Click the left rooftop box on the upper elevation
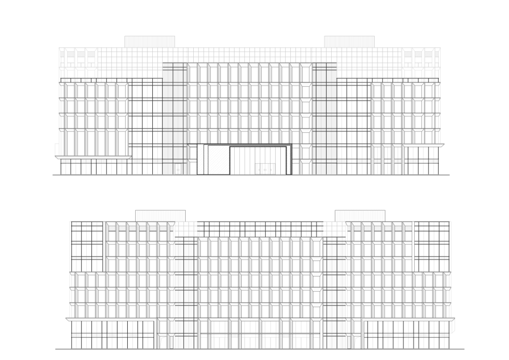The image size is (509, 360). (x=149, y=41)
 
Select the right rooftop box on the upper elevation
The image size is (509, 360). (x=349, y=41)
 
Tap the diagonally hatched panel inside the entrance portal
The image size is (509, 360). (x=219, y=160)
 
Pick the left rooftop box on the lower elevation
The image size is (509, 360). (x=160, y=215)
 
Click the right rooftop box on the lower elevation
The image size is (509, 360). (x=360, y=215)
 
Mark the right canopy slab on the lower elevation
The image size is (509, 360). (x=409, y=319)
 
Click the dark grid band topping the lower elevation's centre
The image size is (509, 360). (x=260, y=229)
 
